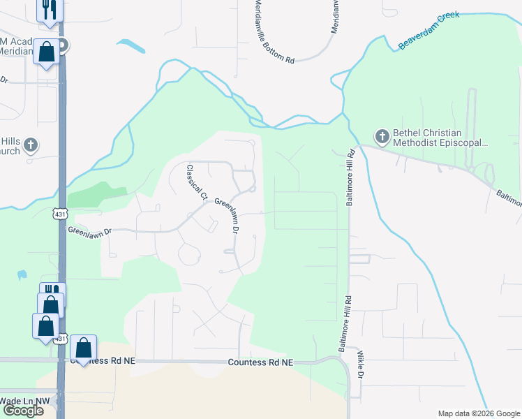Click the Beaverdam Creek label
tap(428, 31)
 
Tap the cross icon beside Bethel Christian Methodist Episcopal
tap(381, 135)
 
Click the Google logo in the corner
tap(22, 411)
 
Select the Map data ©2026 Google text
tap(478, 413)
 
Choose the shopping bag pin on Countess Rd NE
tap(83, 347)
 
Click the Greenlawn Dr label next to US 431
tap(89, 229)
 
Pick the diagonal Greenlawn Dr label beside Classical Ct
tap(228, 214)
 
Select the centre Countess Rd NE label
tap(261, 362)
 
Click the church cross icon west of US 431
tap(29, 145)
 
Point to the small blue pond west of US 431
tap(21, 275)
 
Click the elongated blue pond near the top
tap(131, 46)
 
